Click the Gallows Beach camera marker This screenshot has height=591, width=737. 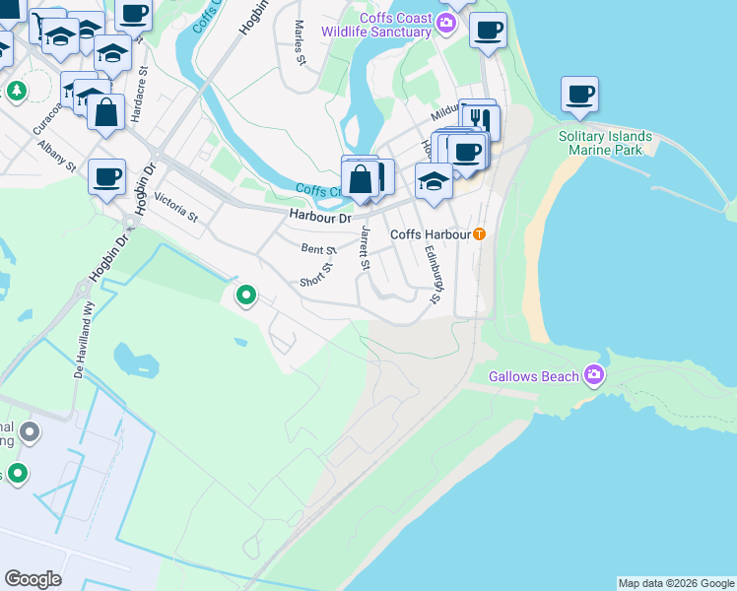pyautogui.click(x=594, y=374)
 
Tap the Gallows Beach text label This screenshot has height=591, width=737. pyautogui.click(x=536, y=375)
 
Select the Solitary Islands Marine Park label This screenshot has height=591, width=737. pyautogui.click(x=605, y=143)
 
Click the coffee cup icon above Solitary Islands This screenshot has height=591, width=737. pyautogui.click(x=580, y=96)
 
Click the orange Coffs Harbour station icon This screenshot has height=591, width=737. pyautogui.click(x=479, y=234)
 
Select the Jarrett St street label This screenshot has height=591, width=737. pyautogui.click(x=365, y=247)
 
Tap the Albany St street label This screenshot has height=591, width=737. pyautogui.click(x=57, y=157)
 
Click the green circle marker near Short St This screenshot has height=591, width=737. pyautogui.click(x=246, y=294)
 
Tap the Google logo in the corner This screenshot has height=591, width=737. pyautogui.click(x=33, y=579)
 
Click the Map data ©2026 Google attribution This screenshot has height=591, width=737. pyautogui.click(x=676, y=583)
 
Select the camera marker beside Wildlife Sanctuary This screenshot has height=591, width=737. pyautogui.click(x=447, y=24)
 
